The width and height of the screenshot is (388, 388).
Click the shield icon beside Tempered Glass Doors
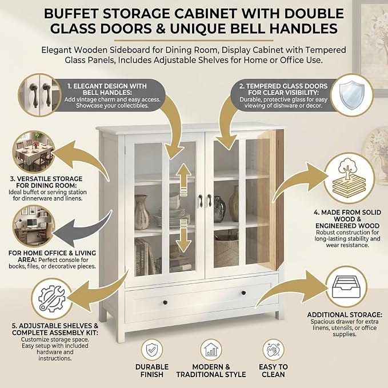tap(352, 95)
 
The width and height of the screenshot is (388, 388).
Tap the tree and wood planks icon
tap(349, 178)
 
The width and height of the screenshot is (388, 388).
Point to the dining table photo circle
tap(34, 151)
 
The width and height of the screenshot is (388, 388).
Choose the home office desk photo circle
tap(34, 226)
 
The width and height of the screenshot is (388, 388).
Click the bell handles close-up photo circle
tap(39, 95)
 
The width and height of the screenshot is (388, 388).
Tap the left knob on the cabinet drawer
tap(165, 302)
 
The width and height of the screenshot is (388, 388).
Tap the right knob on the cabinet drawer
tap(243, 293)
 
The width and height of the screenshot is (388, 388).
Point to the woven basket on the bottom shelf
tap(226, 251)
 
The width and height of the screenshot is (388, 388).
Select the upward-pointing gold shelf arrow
tap(183, 179)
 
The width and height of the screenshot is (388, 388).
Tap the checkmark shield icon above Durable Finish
tap(152, 350)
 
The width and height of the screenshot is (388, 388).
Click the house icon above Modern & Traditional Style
tap(211, 350)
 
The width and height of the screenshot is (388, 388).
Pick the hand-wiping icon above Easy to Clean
tap(273, 350)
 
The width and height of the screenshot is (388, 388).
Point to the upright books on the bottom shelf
tap(145, 257)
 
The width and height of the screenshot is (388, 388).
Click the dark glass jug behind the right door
tap(219, 209)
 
